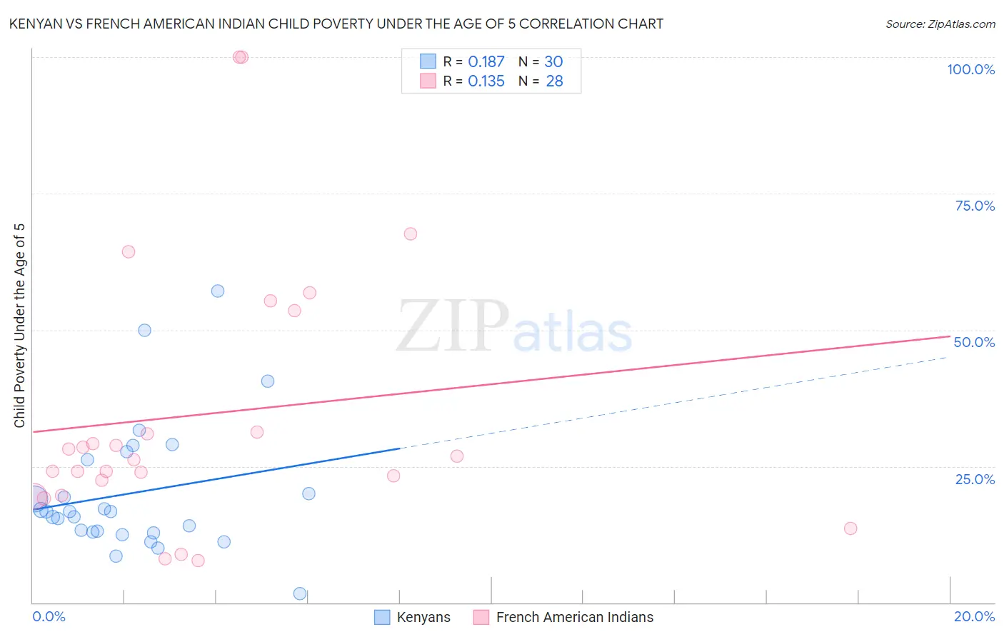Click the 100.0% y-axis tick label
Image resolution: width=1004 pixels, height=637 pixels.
pyautogui.click(x=970, y=69)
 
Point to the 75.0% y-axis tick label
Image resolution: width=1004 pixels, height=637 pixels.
pyautogui.click(x=975, y=206)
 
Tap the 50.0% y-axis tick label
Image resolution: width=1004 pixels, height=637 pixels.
pyautogui.click(x=974, y=342)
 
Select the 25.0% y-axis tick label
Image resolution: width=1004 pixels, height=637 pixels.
pyautogui.click(x=975, y=479)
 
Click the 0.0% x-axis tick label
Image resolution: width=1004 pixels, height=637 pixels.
pyautogui.click(x=49, y=616)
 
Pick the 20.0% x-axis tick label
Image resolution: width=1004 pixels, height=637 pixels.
pyautogui.click(x=974, y=616)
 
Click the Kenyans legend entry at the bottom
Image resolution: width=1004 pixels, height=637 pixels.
pyautogui.click(x=412, y=617)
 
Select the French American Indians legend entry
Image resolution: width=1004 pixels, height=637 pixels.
pyautogui.click(x=563, y=617)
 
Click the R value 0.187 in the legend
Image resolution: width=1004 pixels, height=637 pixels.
pyautogui.click(x=486, y=61)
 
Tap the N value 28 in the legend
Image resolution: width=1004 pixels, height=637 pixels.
pyautogui.click(x=554, y=81)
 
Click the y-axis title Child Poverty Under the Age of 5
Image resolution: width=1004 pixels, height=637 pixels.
pyautogui.click(x=19, y=326)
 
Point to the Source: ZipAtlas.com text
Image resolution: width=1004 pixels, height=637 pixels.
pyautogui.click(x=940, y=24)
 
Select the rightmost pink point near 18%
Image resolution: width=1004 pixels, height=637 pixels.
pyautogui.click(x=850, y=528)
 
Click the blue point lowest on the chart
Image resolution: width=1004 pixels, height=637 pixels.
pyautogui.click(x=300, y=593)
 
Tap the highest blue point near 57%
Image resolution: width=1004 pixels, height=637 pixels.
pyautogui.click(x=218, y=291)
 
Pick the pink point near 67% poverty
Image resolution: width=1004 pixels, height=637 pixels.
pyautogui.click(x=410, y=234)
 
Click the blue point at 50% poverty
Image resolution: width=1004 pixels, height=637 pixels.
pyautogui.click(x=144, y=330)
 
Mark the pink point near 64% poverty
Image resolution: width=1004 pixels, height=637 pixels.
pyautogui.click(x=129, y=251)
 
